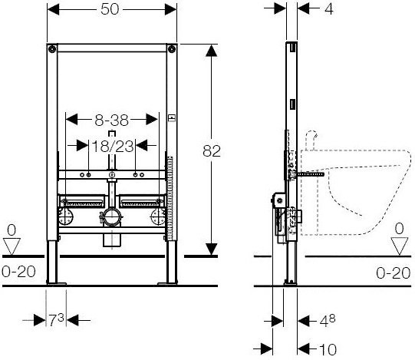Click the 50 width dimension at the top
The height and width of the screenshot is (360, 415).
click(110, 9)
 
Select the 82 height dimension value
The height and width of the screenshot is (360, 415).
click(212, 151)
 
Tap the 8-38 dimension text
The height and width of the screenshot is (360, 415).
click(112, 121)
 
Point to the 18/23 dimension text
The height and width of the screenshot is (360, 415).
click(113, 146)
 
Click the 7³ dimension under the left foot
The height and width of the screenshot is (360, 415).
click(56, 320)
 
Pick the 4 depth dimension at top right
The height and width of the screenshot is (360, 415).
click(329, 9)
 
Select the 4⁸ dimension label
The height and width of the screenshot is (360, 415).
click(328, 321)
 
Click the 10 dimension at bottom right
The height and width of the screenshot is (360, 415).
click(328, 350)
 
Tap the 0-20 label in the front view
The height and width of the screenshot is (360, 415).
click(18, 272)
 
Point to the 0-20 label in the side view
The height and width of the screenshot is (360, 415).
click(394, 273)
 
